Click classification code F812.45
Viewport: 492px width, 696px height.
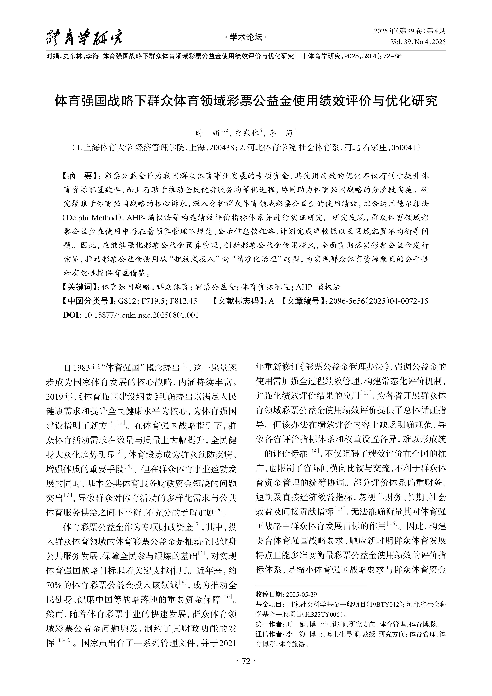coord(183,301)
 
